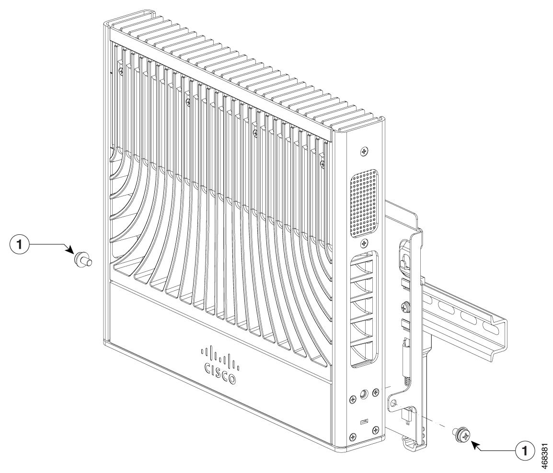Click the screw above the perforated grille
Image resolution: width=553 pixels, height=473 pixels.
(365, 151)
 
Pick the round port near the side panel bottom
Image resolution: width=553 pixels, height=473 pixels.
(364, 394)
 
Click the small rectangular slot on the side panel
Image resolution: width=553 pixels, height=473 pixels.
(364, 421)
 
